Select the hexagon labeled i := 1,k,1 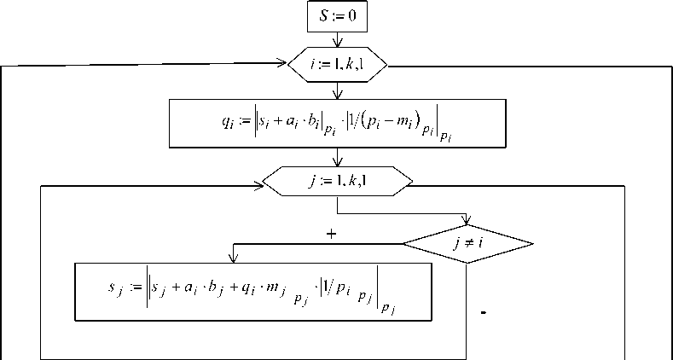tap(339, 63)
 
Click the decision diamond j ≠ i tap(467, 245)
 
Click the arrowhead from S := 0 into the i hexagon tap(339, 44)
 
